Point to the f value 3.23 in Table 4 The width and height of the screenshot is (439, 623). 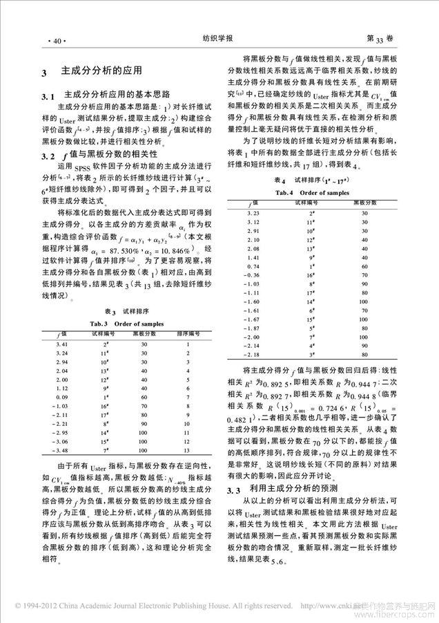click(x=254, y=216)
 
